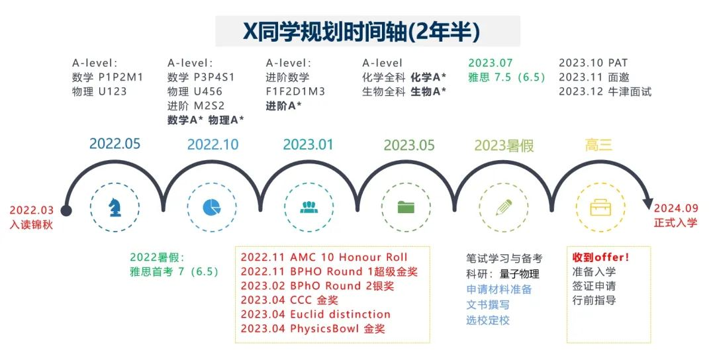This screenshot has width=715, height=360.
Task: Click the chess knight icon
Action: tap(115, 207)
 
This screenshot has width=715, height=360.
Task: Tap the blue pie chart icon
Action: tap(212, 207)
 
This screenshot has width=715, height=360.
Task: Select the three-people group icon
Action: tap(309, 207)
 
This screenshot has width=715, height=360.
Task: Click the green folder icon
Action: tap(406, 207)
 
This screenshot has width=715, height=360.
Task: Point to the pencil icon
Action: tap(503, 207)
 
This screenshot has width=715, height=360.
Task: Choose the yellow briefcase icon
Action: tap(600, 207)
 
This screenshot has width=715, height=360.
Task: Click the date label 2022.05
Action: tap(115, 144)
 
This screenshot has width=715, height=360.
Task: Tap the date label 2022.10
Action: tap(213, 144)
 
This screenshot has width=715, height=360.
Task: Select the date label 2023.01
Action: tap(309, 144)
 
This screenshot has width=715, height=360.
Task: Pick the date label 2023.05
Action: tap(409, 146)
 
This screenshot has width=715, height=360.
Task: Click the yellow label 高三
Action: tap(598, 145)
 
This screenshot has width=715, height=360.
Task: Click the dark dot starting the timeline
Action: tap(66, 210)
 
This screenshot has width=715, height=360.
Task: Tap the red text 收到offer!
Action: tap(600, 257)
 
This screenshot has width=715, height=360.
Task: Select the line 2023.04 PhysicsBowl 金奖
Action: tap(312, 328)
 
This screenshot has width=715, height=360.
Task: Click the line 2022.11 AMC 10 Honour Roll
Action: tap(324, 257)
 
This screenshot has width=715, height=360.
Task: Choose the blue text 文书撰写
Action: tap(487, 305)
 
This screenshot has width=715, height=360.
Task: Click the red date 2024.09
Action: tap(676, 208)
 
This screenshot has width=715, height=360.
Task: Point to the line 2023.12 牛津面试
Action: tap(605, 91)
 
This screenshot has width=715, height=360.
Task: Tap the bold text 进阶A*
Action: tap(283, 106)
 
